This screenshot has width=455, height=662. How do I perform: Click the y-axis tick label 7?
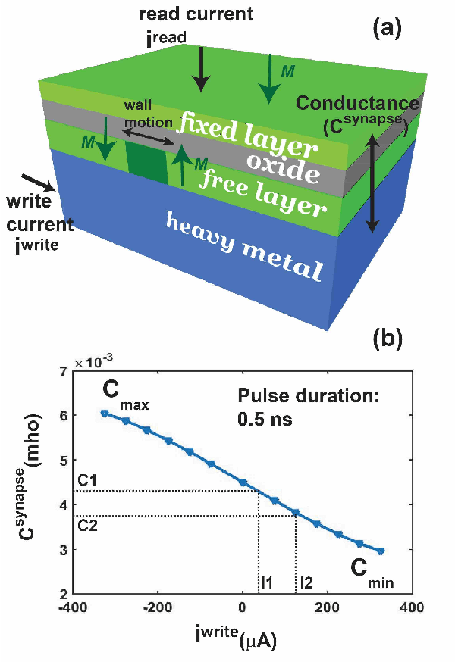(64, 371)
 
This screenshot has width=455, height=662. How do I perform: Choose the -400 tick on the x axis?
(72, 607)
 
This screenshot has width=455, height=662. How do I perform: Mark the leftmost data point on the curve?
(105, 414)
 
